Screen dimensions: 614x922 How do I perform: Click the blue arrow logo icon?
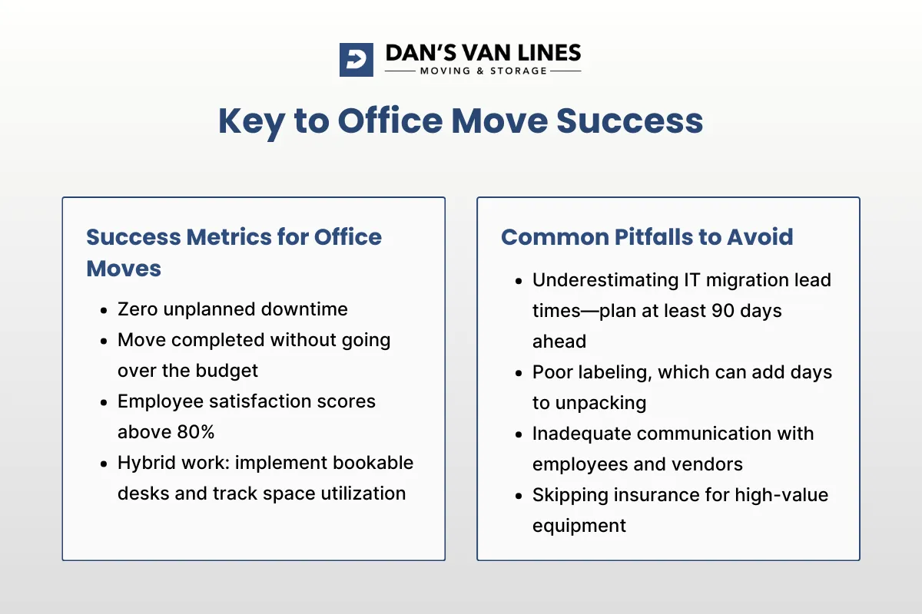point(357,59)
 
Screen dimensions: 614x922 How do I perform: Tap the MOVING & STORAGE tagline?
point(483,71)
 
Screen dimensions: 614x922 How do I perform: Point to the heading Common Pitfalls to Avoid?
point(647,236)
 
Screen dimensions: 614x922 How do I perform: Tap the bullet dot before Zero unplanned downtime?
point(104,310)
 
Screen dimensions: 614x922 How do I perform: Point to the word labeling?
point(608,372)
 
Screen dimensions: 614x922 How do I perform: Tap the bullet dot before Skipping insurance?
point(519,496)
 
